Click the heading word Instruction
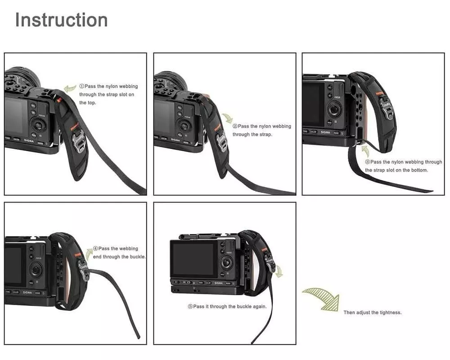pos(61,20)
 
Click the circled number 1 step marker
pos(81,86)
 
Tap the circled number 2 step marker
pos(235,126)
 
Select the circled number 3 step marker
pos(367,162)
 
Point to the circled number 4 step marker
pos(95,248)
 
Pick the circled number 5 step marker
pos(190,306)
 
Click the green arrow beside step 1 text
pos(70,88)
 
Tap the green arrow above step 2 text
pos(228,118)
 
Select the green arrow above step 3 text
pos(365,151)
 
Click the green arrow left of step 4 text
pos(89,254)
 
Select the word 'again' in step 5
pos(260,306)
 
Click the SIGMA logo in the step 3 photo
pos(325,132)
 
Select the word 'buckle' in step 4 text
pos(137,256)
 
